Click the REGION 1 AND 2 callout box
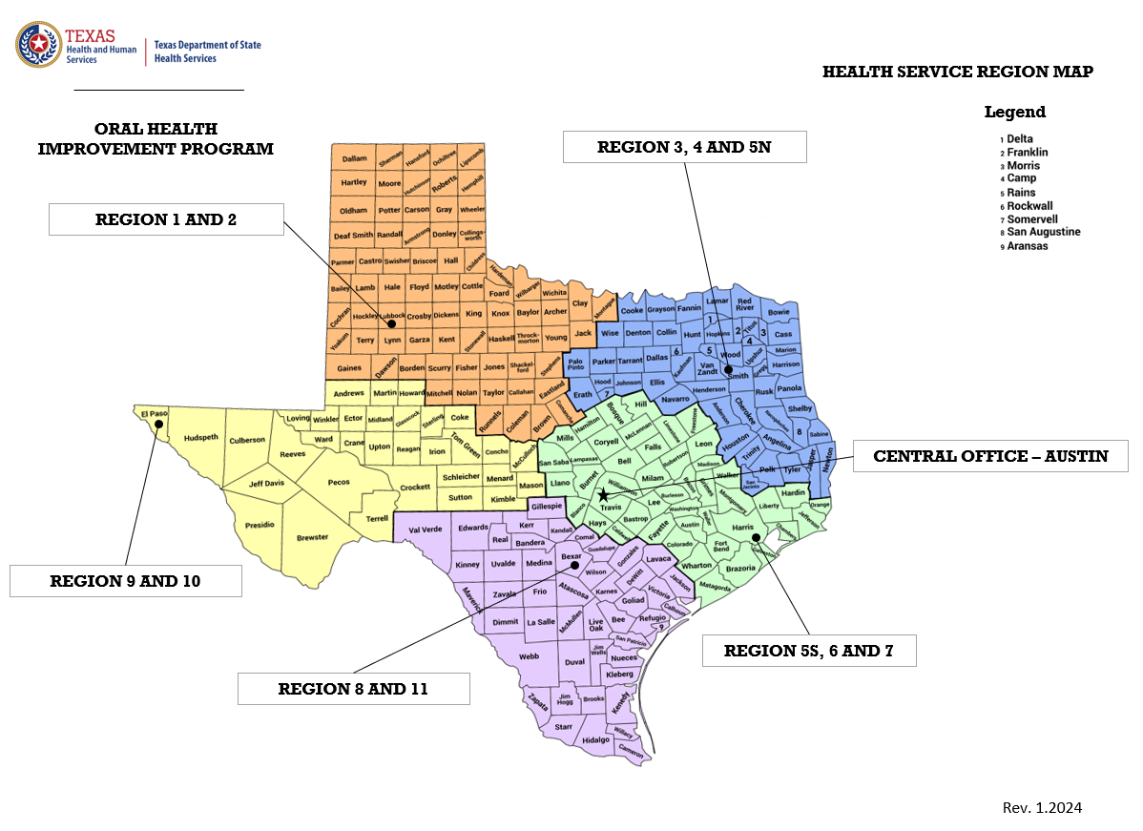(166, 219)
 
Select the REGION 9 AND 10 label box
(125, 580)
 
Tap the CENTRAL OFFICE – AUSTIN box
(990, 456)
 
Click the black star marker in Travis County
(603, 495)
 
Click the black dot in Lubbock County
(392, 324)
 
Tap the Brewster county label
(312, 536)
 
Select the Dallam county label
(354, 158)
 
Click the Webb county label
(529, 656)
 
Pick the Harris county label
(743, 527)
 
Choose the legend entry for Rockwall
(1029, 206)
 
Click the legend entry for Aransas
(1027, 246)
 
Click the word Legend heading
(1014, 113)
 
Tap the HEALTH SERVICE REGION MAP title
(957, 72)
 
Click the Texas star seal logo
(39, 46)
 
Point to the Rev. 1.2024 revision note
(1042, 808)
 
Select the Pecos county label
(339, 483)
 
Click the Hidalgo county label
(595, 739)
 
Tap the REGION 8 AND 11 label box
(353, 689)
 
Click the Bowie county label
(779, 311)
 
